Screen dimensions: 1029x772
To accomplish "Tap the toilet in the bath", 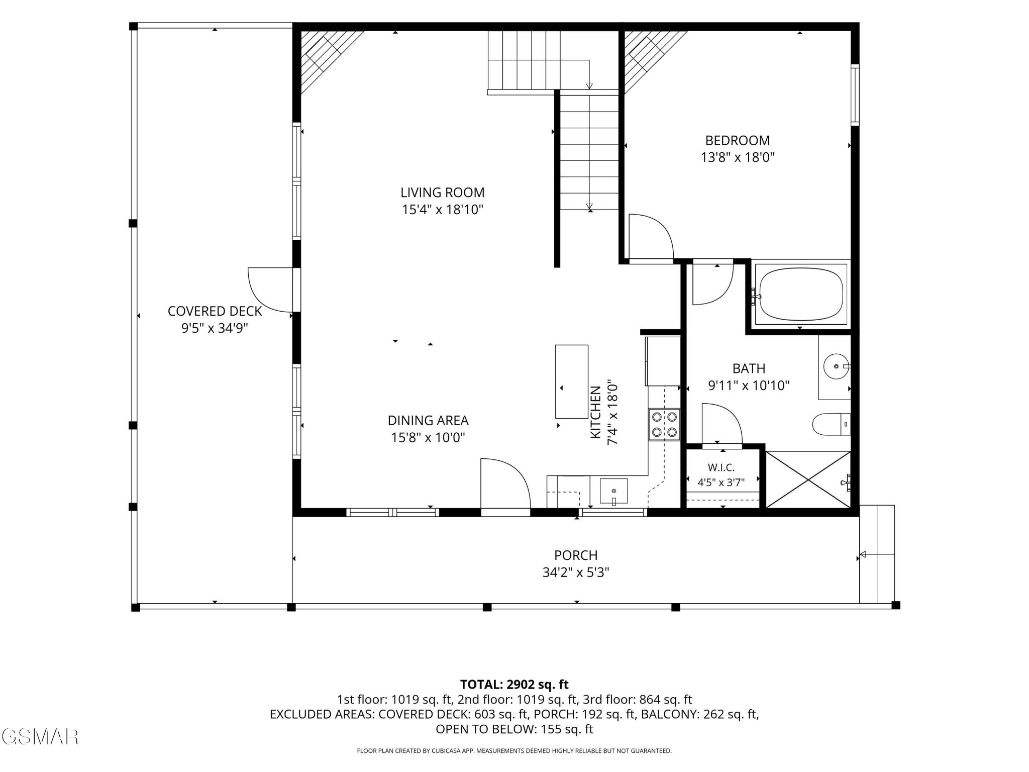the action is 832,425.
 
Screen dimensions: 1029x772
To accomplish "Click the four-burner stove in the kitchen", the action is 664,425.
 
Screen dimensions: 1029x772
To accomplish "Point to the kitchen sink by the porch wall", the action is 613,491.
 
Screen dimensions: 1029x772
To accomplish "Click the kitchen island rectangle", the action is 572,381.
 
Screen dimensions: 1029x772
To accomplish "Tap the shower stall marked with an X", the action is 808,479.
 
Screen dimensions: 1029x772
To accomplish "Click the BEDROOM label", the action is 738,141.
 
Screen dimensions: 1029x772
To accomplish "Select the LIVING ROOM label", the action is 443,192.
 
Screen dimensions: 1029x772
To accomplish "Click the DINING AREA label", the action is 428,421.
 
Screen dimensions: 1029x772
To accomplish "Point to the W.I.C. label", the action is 722,468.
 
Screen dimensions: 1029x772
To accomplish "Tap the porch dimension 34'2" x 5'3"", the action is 576,572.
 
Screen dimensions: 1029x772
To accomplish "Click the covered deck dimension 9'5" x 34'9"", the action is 215,328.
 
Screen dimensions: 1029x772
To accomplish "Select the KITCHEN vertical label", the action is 595,412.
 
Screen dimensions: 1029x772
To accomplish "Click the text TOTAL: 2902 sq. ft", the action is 514,685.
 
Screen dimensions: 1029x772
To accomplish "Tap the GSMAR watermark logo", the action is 40,737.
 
